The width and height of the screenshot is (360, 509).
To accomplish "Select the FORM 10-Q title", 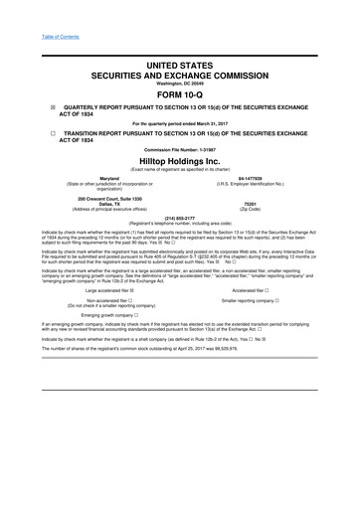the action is coord(180,95).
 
